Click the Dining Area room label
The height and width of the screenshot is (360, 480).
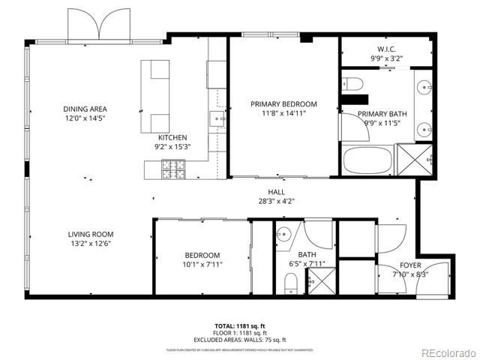click(85, 109)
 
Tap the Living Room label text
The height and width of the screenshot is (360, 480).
click(91, 234)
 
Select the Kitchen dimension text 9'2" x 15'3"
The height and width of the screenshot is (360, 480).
click(172, 146)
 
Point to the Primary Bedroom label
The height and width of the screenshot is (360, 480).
click(283, 104)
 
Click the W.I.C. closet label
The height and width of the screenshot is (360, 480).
click(387, 49)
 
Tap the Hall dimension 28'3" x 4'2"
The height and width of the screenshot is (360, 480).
click(277, 200)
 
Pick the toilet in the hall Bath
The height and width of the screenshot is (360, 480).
click(291, 284)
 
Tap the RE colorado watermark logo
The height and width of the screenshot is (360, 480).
click(448, 352)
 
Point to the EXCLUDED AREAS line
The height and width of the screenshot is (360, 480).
click(239, 340)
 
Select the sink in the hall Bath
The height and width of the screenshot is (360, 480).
click(283, 235)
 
